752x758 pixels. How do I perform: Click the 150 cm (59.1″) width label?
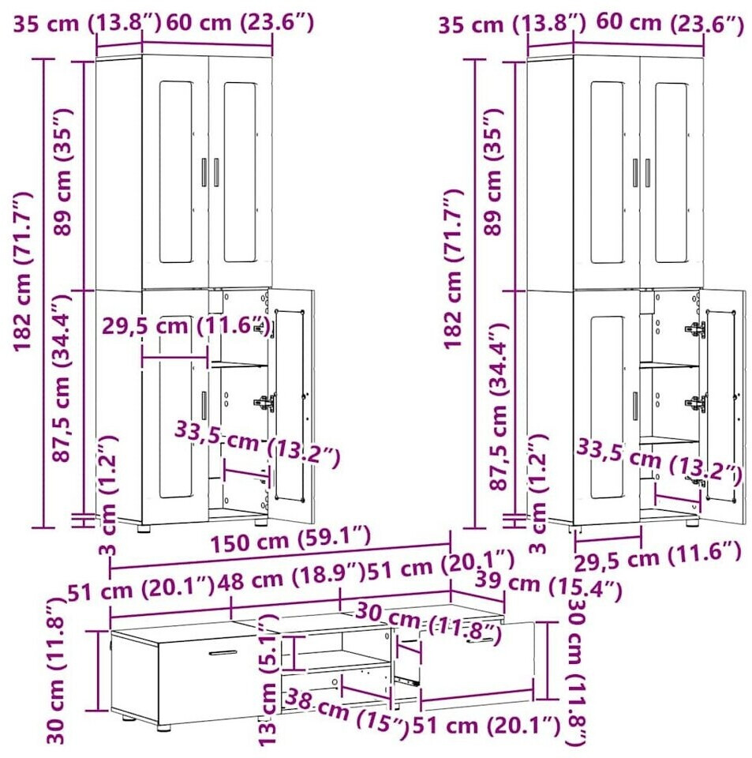(x=290, y=538)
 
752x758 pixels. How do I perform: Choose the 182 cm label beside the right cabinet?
(x=454, y=268)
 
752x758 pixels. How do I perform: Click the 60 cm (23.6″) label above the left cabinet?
(x=240, y=23)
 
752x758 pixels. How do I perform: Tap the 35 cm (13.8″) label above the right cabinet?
(x=512, y=24)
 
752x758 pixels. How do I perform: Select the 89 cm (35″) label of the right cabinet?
(x=493, y=171)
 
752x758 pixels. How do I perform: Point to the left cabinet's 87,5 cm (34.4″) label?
(x=62, y=378)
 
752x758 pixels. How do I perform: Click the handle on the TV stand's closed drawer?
(x=223, y=653)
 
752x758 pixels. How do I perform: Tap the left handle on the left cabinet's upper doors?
(x=204, y=172)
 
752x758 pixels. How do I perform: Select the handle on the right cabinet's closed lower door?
(x=635, y=406)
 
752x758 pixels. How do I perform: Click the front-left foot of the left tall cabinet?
(x=144, y=528)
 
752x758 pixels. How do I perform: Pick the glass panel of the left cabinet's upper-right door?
(x=240, y=172)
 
